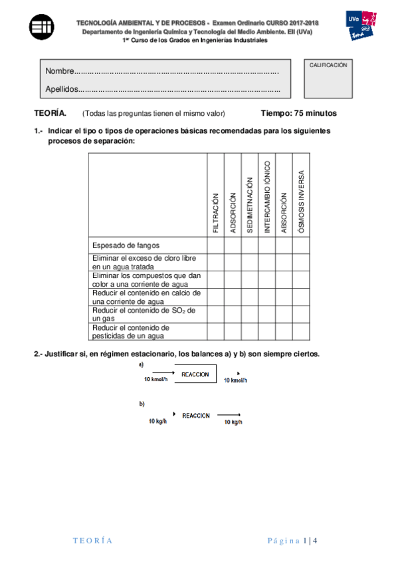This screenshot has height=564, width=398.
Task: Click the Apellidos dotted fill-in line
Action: pyautogui.click(x=179, y=89)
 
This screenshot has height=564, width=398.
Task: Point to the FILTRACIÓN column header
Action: pyautogui.click(x=215, y=213)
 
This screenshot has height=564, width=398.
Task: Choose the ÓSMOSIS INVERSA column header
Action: pyautogui.click(x=301, y=200)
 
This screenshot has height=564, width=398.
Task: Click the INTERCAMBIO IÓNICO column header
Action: pyautogui.click(x=267, y=197)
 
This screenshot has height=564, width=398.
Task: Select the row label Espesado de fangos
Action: pyautogui.click(x=126, y=245)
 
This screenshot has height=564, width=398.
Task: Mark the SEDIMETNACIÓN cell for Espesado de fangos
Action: pyautogui.click(x=250, y=245)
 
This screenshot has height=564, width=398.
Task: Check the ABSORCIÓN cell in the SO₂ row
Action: pyautogui.click(x=284, y=314)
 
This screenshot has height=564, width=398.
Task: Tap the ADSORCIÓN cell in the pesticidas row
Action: pyautogui.click(x=233, y=331)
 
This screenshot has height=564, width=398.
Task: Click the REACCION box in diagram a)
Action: pyautogui.click(x=195, y=374)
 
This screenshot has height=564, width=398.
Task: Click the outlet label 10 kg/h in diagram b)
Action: pyautogui.click(x=233, y=422)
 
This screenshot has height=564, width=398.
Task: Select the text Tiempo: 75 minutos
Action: pyautogui.click(x=298, y=113)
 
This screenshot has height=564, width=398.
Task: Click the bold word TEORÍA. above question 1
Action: pyautogui.click(x=50, y=113)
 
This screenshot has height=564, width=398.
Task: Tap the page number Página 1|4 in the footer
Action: pyautogui.click(x=292, y=540)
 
